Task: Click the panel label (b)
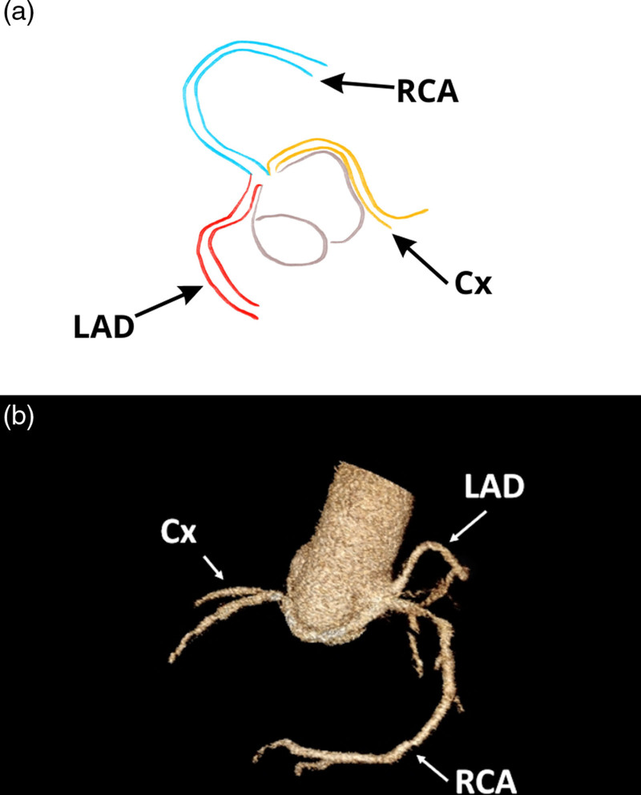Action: pyautogui.click(x=19, y=417)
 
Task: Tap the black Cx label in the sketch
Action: pyautogui.click(x=471, y=282)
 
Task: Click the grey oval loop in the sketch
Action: pyautogui.click(x=290, y=237)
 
